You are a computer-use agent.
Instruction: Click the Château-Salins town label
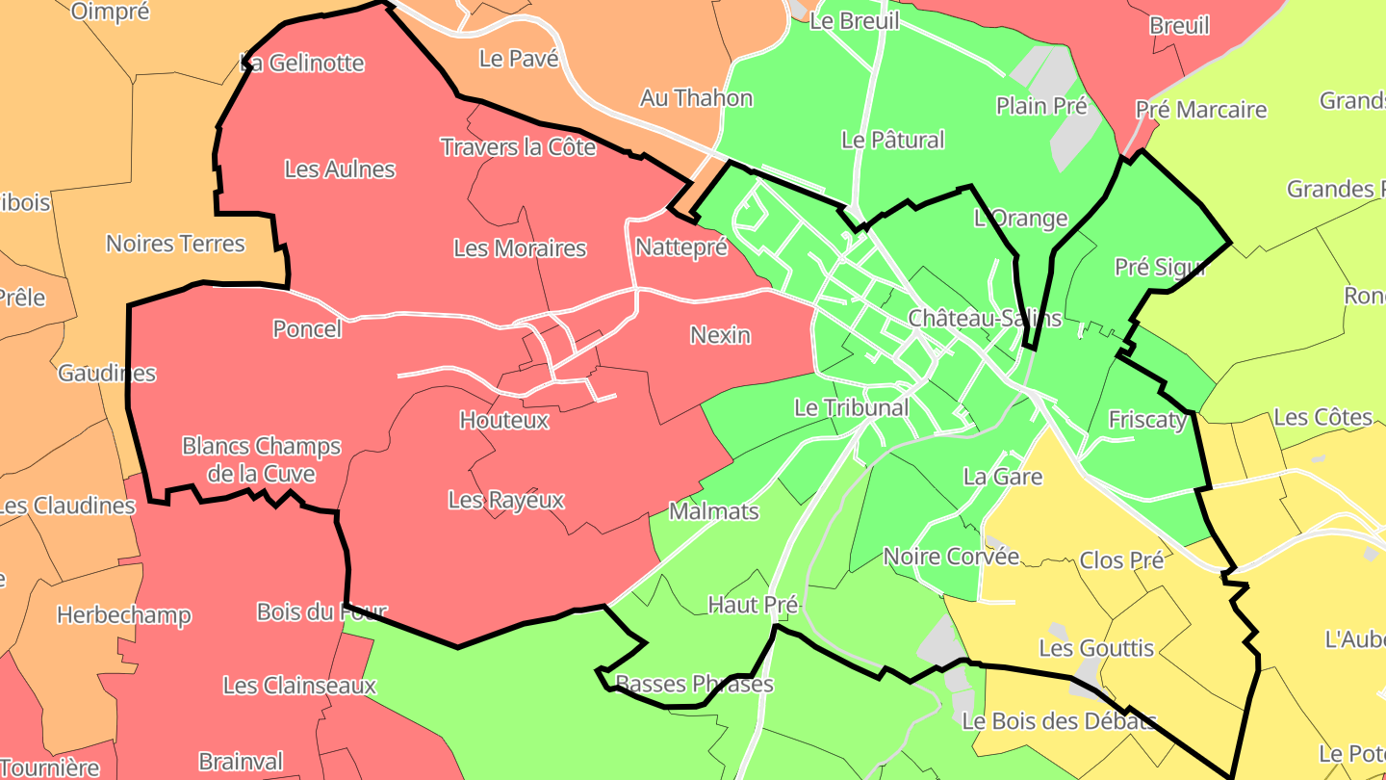click(x=985, y=318)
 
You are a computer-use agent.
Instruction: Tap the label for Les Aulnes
click(x=340, y=169)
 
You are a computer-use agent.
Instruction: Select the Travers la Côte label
click(x=518, y=147)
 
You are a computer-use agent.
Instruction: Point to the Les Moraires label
click(x=520, y=248)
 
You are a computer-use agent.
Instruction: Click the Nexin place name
click(x=720, y=335)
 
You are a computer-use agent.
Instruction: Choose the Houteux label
click(x=503, y=421)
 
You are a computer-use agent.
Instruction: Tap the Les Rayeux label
click(x=506, y=501)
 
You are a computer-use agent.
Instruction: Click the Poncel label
click(x=307, y=329)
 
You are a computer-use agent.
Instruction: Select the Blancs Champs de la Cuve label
click(x=261, y=460)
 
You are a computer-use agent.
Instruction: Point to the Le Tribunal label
click(x=851, y=408)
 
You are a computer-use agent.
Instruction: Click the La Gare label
click(x=1003, y=477)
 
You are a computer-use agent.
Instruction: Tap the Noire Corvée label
click(x=951, y=557)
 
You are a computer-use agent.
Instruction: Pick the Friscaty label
click(x=1147, y=420)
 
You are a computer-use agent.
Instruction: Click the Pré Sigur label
click(x=1160, y=267)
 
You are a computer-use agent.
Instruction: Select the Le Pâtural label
click(x=892, y=141)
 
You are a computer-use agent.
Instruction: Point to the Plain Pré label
click(x=1041, y=106)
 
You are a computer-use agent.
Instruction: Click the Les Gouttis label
click(x=1096, y=648)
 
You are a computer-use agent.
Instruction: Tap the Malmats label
click(x=713, y=512)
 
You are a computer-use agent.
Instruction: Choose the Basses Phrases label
click(x=694, y=685)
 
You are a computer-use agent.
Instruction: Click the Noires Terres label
click(x=175, y=244)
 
